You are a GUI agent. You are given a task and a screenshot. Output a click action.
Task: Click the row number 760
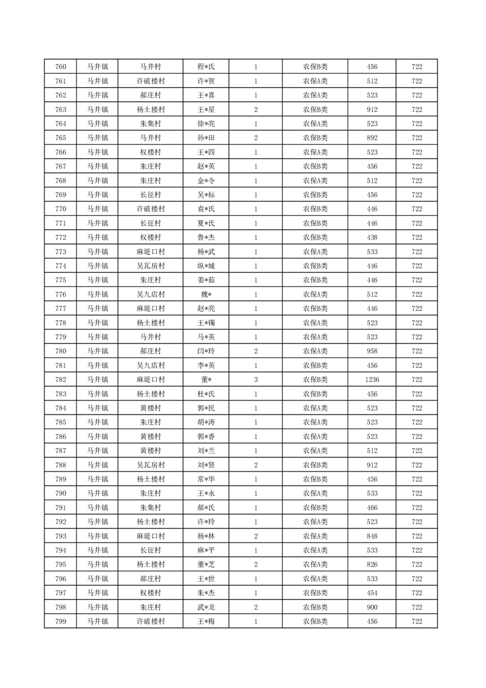point(61,67)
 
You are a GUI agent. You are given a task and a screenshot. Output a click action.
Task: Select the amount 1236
point(372,380)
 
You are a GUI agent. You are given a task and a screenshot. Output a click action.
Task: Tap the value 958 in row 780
point(372,351)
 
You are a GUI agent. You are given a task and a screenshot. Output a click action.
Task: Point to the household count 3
point(256,380)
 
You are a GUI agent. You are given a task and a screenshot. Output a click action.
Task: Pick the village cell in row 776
point(150,294)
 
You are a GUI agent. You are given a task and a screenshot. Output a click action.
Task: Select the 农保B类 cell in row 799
point(315,622)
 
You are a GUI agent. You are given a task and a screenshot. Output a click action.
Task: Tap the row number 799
point(61,622)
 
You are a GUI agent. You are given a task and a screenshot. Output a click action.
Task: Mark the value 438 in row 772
point(372,237)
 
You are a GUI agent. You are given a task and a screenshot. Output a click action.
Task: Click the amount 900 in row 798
point(372,608)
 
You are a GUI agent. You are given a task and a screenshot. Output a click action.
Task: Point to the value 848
point(372,537)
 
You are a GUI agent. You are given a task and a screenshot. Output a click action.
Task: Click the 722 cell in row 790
point(417,494)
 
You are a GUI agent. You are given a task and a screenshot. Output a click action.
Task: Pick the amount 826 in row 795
point(372,565)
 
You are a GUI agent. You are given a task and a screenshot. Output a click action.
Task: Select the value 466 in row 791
point(372,508)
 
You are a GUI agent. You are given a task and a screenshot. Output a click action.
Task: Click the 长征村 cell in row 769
point(150,195)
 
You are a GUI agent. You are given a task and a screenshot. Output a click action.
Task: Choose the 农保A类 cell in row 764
point(315,124)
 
